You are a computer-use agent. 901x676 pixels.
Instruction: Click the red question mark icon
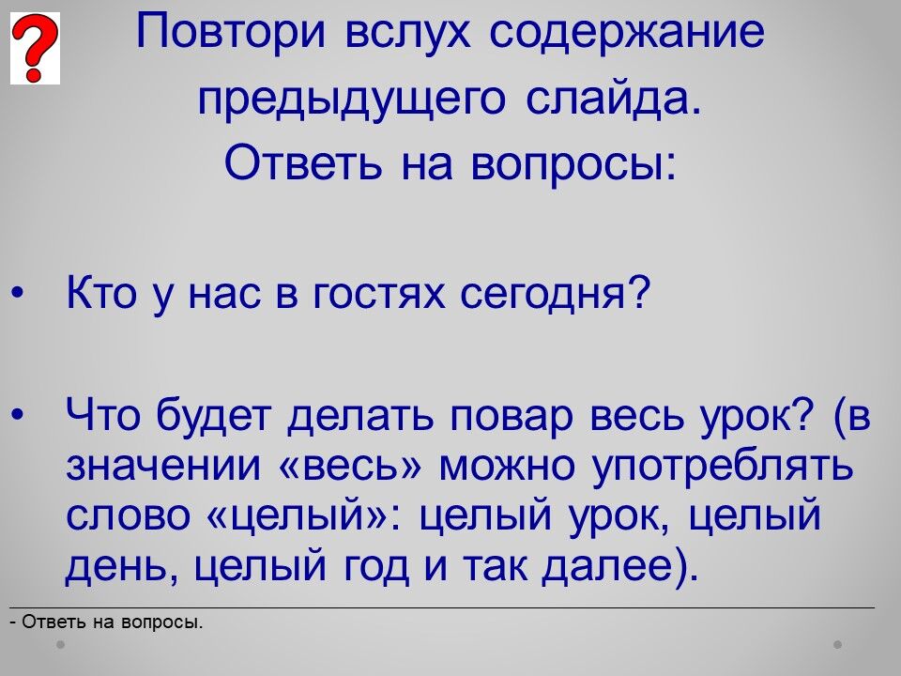35,48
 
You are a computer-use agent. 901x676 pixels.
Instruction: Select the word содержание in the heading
627,32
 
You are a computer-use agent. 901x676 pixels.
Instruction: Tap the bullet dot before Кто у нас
18,294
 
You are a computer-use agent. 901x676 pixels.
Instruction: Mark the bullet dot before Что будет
18,414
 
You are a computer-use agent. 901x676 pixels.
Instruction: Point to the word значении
163,465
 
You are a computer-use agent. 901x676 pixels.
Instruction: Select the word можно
506,465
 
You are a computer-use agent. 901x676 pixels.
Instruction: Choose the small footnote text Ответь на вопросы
112,622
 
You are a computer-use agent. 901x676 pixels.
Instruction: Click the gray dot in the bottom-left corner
60,644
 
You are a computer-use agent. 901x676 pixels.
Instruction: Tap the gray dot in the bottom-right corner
838,644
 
